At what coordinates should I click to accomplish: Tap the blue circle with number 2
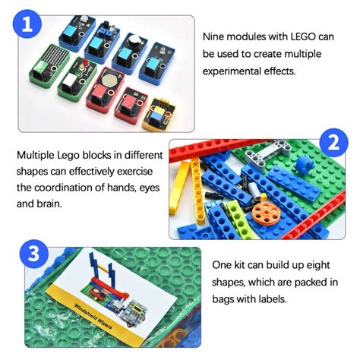coord(333,141)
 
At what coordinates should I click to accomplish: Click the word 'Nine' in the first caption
coord(214,36)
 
